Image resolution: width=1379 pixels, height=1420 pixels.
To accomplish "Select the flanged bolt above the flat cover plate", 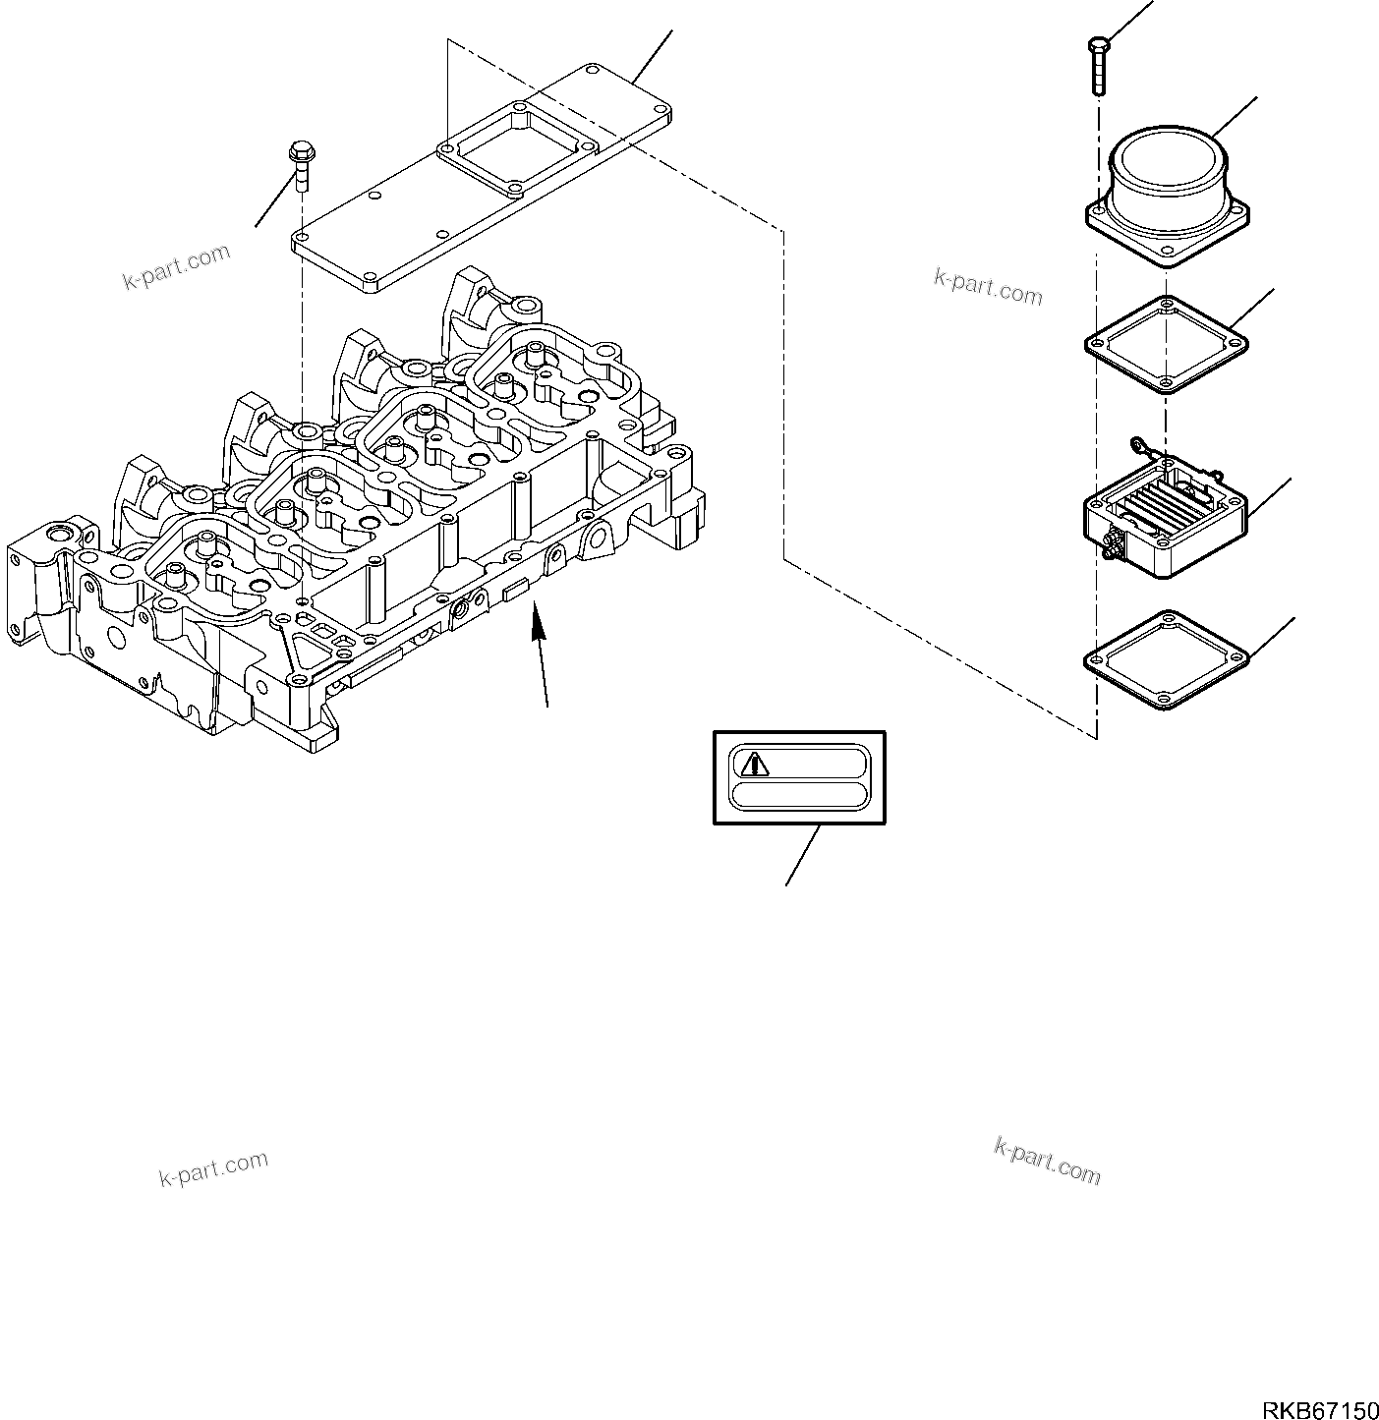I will (299, 166).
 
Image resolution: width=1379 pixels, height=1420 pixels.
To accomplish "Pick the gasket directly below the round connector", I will (1166, 344).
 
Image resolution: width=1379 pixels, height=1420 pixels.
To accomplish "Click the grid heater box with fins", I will (1165, 516).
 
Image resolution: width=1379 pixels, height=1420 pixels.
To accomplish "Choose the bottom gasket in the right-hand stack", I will (1166, 659).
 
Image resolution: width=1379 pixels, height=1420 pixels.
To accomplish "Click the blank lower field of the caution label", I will (799, 795).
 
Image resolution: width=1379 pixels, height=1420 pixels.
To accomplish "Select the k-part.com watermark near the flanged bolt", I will (176, 266).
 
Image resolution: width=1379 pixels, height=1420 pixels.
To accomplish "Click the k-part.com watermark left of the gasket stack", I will (988, 286).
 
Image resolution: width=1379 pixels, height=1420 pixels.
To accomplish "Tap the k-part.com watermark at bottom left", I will (213, 1167).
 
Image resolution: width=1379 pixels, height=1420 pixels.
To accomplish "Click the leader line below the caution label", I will (802, 855).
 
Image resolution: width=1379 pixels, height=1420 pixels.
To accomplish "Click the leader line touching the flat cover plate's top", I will (653, 56).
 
